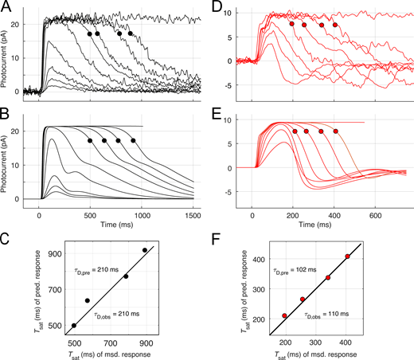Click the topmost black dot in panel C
tap(144, 250)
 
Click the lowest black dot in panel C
tap(74, 326)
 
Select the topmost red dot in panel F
tap(347, 256)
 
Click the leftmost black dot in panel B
tap(90, 140)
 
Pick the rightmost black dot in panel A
tap(131, 33)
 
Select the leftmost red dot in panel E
tap(295, 131)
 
